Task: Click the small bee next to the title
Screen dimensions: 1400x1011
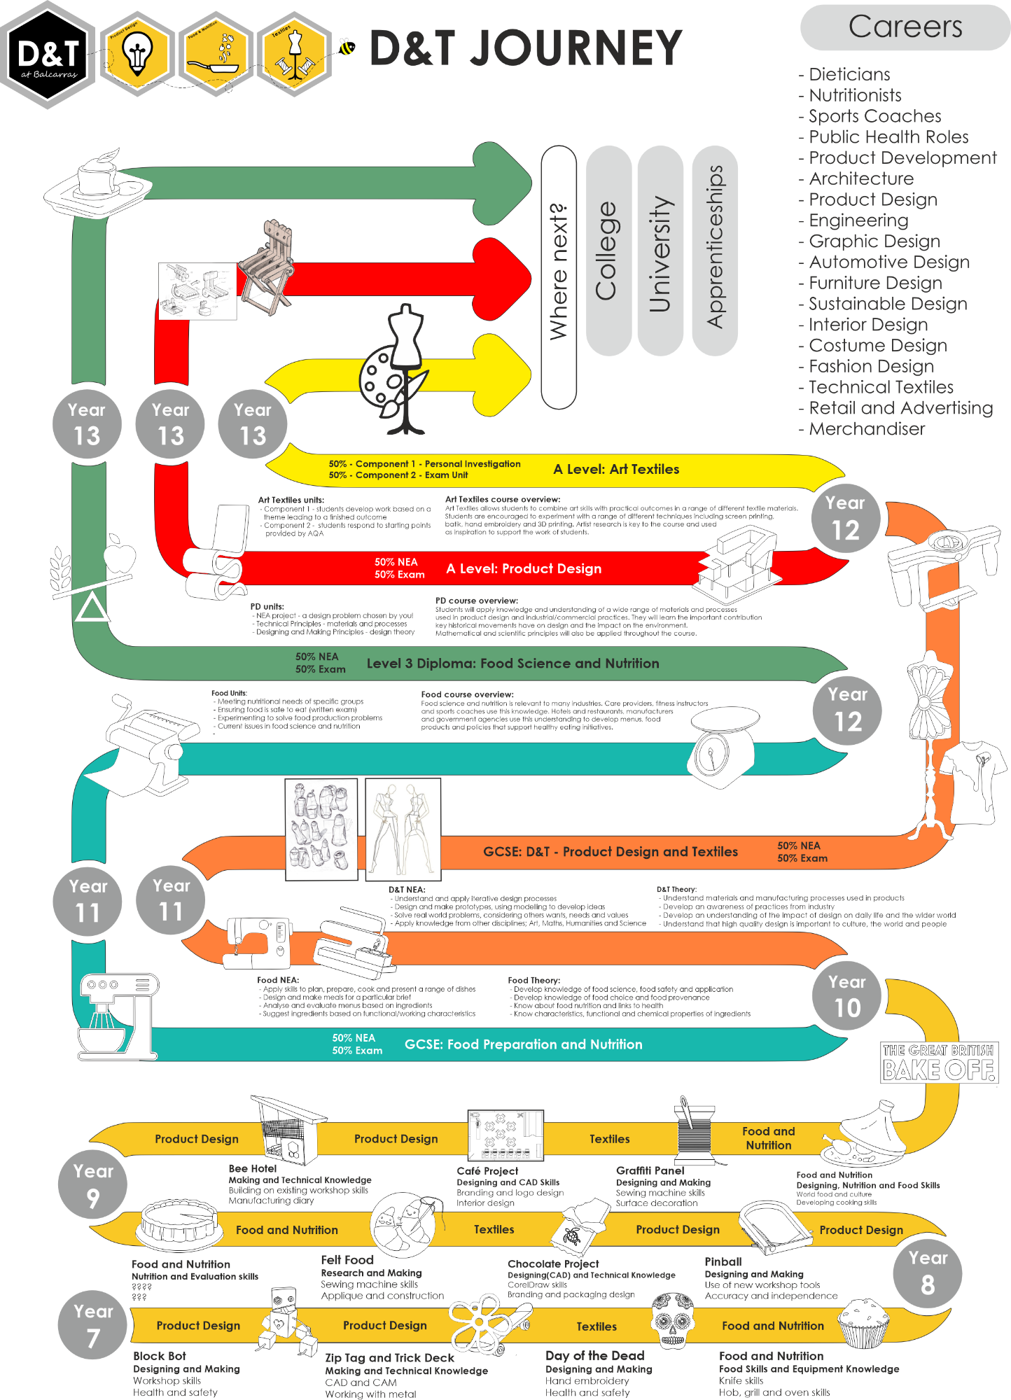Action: click(x=346, y=47)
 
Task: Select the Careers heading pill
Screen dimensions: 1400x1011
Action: click(x=905, y=27)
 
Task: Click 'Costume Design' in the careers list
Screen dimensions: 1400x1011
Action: click(x=877, y=345)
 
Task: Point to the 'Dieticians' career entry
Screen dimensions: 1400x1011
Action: click(x=849, y=74)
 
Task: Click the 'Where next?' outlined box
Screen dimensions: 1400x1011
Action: click(x=559, y=276)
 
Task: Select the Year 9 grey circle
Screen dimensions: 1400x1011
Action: click(x=93, y=1184)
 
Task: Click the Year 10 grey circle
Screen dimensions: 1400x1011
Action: click(x=846, y=995)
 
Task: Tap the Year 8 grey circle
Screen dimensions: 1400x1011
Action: click(x=927, y=1272)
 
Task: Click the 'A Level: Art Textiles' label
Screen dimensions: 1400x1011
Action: click(x=616, y=469)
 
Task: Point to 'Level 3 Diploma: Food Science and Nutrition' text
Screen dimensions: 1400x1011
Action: click(x=513, y=663)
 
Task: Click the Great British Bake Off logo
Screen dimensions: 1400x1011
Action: click(x=938, y=1062)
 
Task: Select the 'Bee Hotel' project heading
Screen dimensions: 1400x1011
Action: click(x=252, y=1168)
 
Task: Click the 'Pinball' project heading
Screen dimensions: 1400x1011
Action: click(x=723, y=1261)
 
